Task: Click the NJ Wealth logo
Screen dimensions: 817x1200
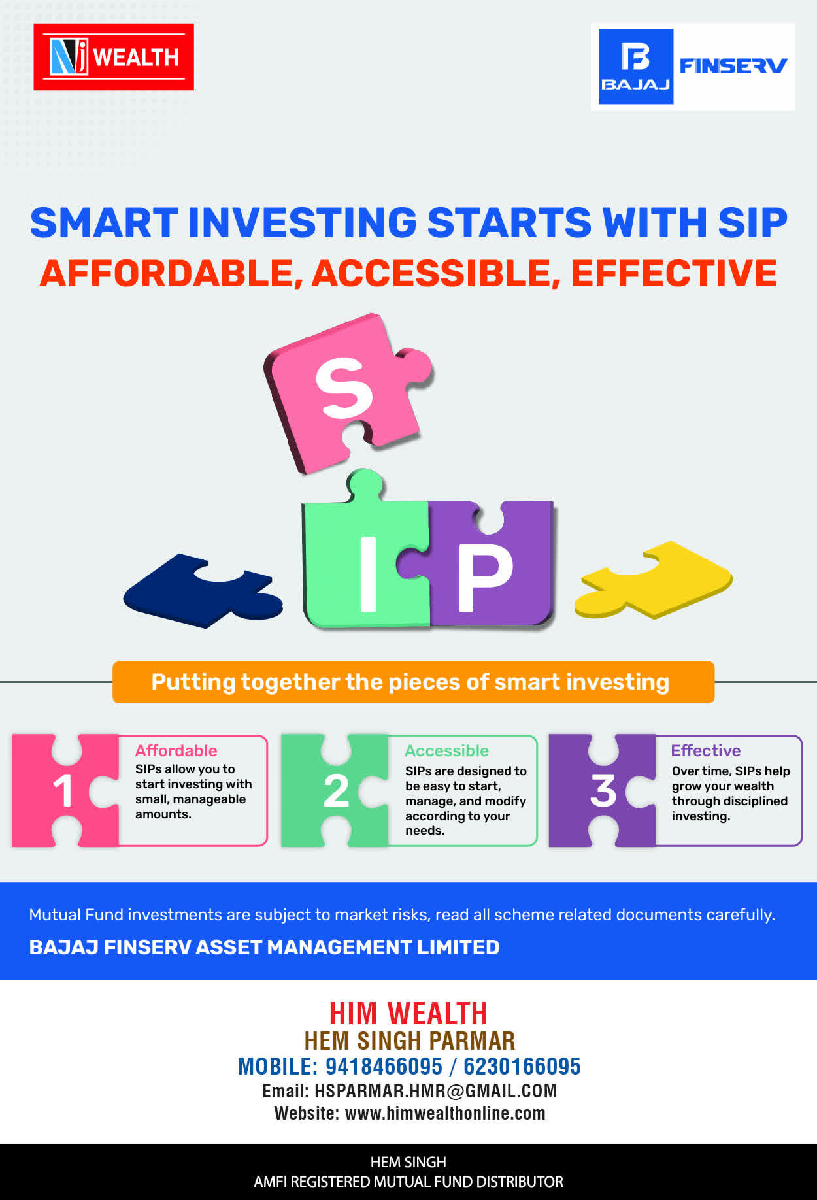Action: pos(114,57)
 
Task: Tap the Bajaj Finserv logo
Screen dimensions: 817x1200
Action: pos(693,67)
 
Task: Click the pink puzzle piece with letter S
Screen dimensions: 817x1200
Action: pos(346,392)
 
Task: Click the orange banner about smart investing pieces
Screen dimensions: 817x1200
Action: pos(413,682)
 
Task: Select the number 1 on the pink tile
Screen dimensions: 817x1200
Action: pos(63,791)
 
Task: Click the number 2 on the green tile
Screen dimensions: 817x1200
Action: pos(336,791)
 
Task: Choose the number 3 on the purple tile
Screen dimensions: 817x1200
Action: pos(603,791)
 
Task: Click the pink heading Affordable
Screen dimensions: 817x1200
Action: pos(176,750)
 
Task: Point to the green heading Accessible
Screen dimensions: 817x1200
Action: pos(446,750)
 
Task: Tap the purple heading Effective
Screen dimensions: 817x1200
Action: pos(706,750)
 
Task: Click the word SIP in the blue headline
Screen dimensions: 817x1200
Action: pos(752,223)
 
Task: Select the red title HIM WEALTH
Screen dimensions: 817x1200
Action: pos(408,1014)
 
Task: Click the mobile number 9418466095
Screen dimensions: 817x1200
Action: pos(384,1067)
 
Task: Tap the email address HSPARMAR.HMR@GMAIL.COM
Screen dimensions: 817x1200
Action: pos(435,1091)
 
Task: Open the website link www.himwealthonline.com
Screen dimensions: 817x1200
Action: pos(445,1113)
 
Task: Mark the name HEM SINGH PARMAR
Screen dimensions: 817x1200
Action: pos(410,1041)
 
